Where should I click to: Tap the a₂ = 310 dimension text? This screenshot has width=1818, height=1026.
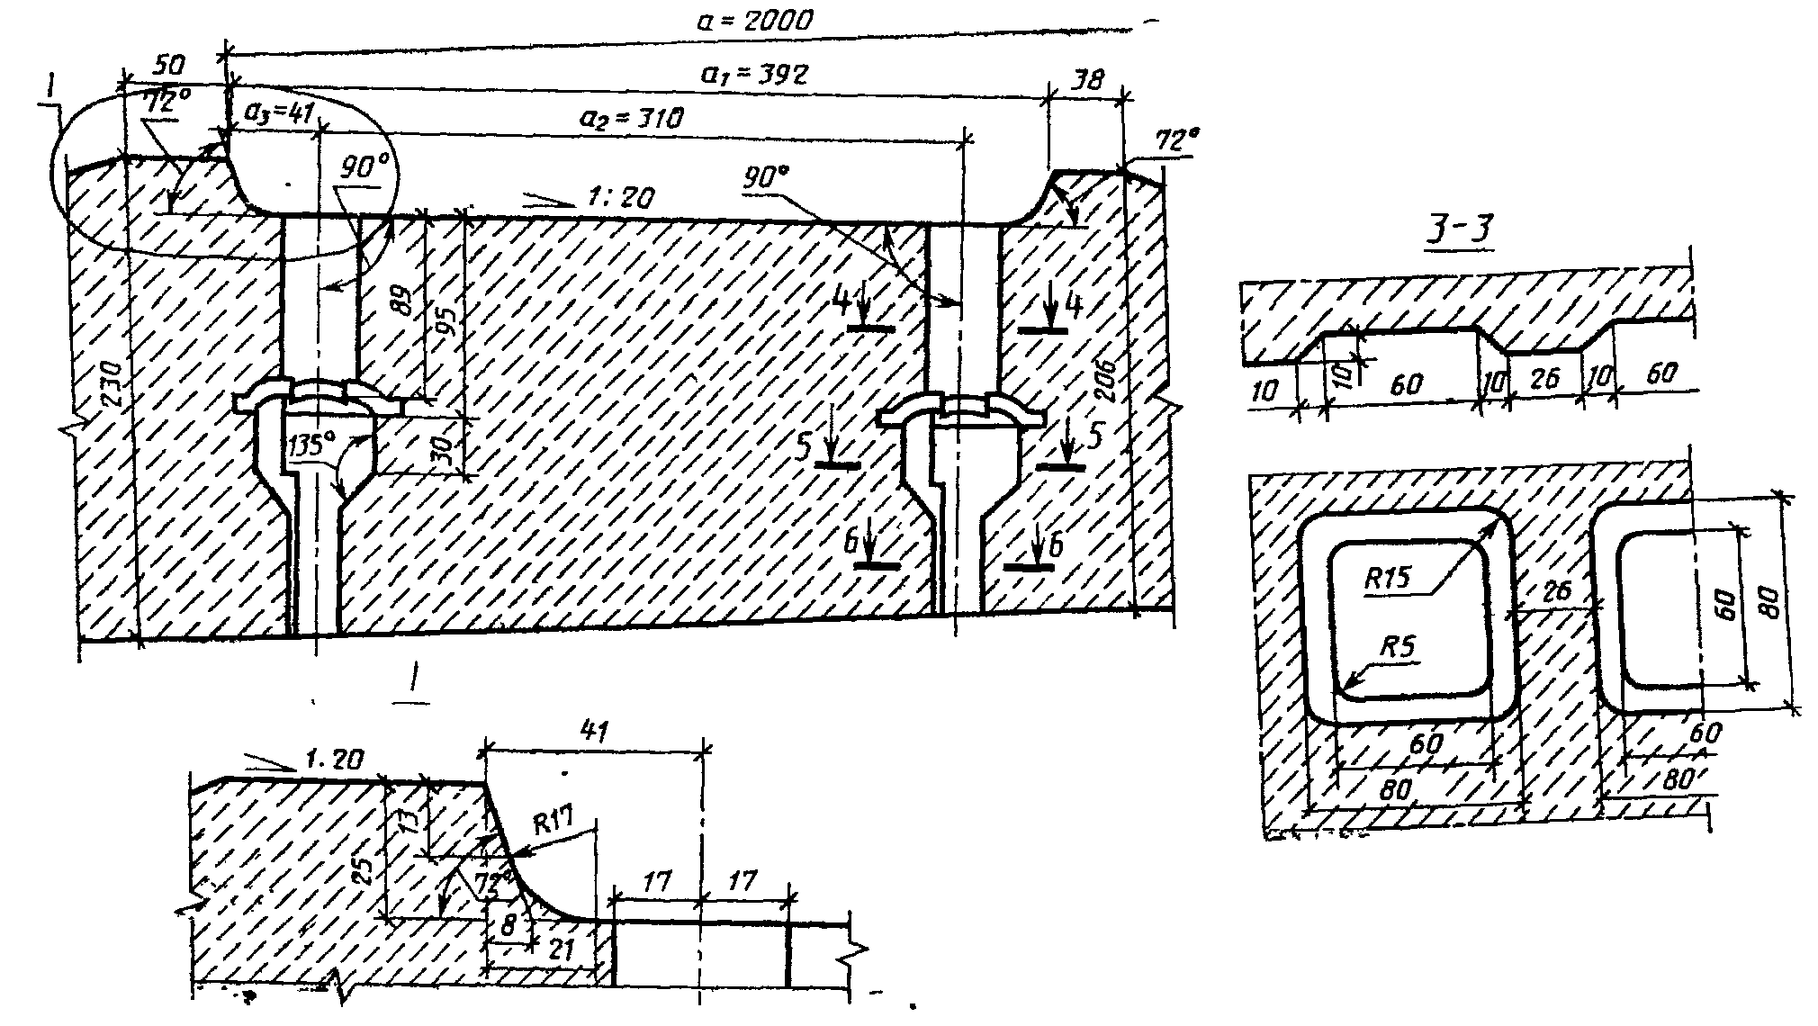(x=631, y=119)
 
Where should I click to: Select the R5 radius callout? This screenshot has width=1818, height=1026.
(x=1399, y=647)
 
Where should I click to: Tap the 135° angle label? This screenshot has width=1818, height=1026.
(x=311, y=443)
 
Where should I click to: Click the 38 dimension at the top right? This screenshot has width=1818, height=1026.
(x=1086, y=79)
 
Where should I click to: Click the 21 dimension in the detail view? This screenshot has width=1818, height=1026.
(x=562, y=949)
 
